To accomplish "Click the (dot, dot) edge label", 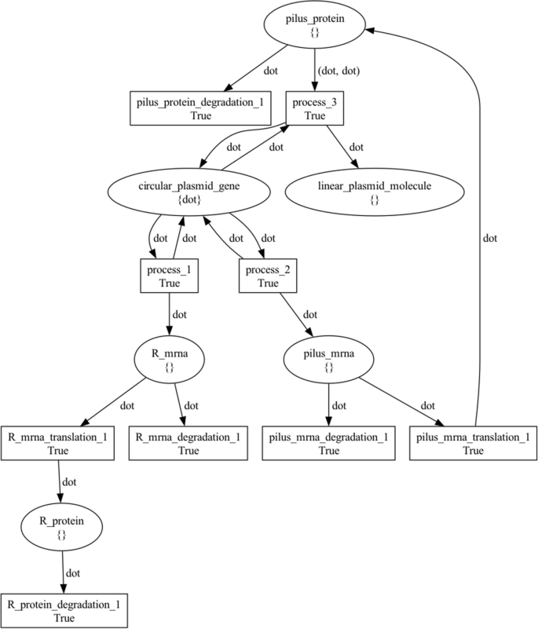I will point(339,70).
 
